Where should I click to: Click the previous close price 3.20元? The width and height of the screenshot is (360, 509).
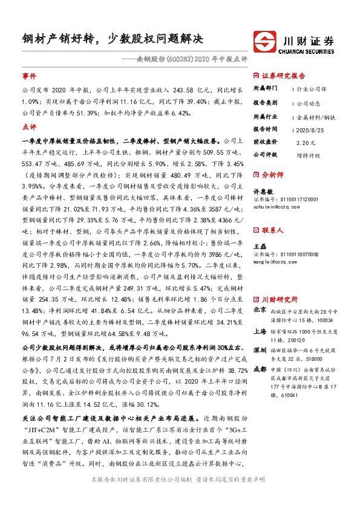[307, 143]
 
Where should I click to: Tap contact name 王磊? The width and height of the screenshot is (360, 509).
[259, 247]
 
